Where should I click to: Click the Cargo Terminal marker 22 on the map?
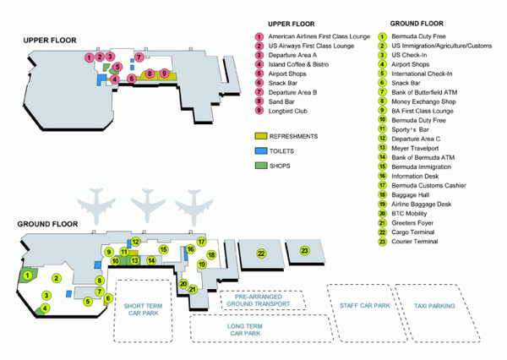[x=261, y=254]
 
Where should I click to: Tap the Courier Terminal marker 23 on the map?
[x=304, y=250]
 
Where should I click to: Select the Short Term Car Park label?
[x=144, y=309]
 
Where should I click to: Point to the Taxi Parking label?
[x=434, y=306]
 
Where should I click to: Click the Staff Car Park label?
[x=365, y=306]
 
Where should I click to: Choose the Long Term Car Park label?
[x=245, y=330]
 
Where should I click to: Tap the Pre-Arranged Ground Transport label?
[x=258, y=301]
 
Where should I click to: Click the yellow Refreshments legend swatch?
[x=261, y=136]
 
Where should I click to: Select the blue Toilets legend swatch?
[x=261, y=150]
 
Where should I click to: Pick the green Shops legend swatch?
[x=261, y=166]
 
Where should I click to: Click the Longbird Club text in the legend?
[x=288, y=111]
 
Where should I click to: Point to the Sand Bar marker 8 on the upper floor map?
[x=150, y=74]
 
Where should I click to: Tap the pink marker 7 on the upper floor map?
[x=139, y=57]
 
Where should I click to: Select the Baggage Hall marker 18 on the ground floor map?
[x=211, y=255]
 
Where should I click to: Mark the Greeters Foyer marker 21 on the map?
[x=193, y=289]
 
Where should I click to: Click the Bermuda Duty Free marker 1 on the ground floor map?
[x=28, y=275]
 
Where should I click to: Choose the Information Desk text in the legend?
[x=415, y=177]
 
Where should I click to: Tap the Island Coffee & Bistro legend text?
[x=298, y=64]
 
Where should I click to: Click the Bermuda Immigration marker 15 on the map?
[x=163, y=249]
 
